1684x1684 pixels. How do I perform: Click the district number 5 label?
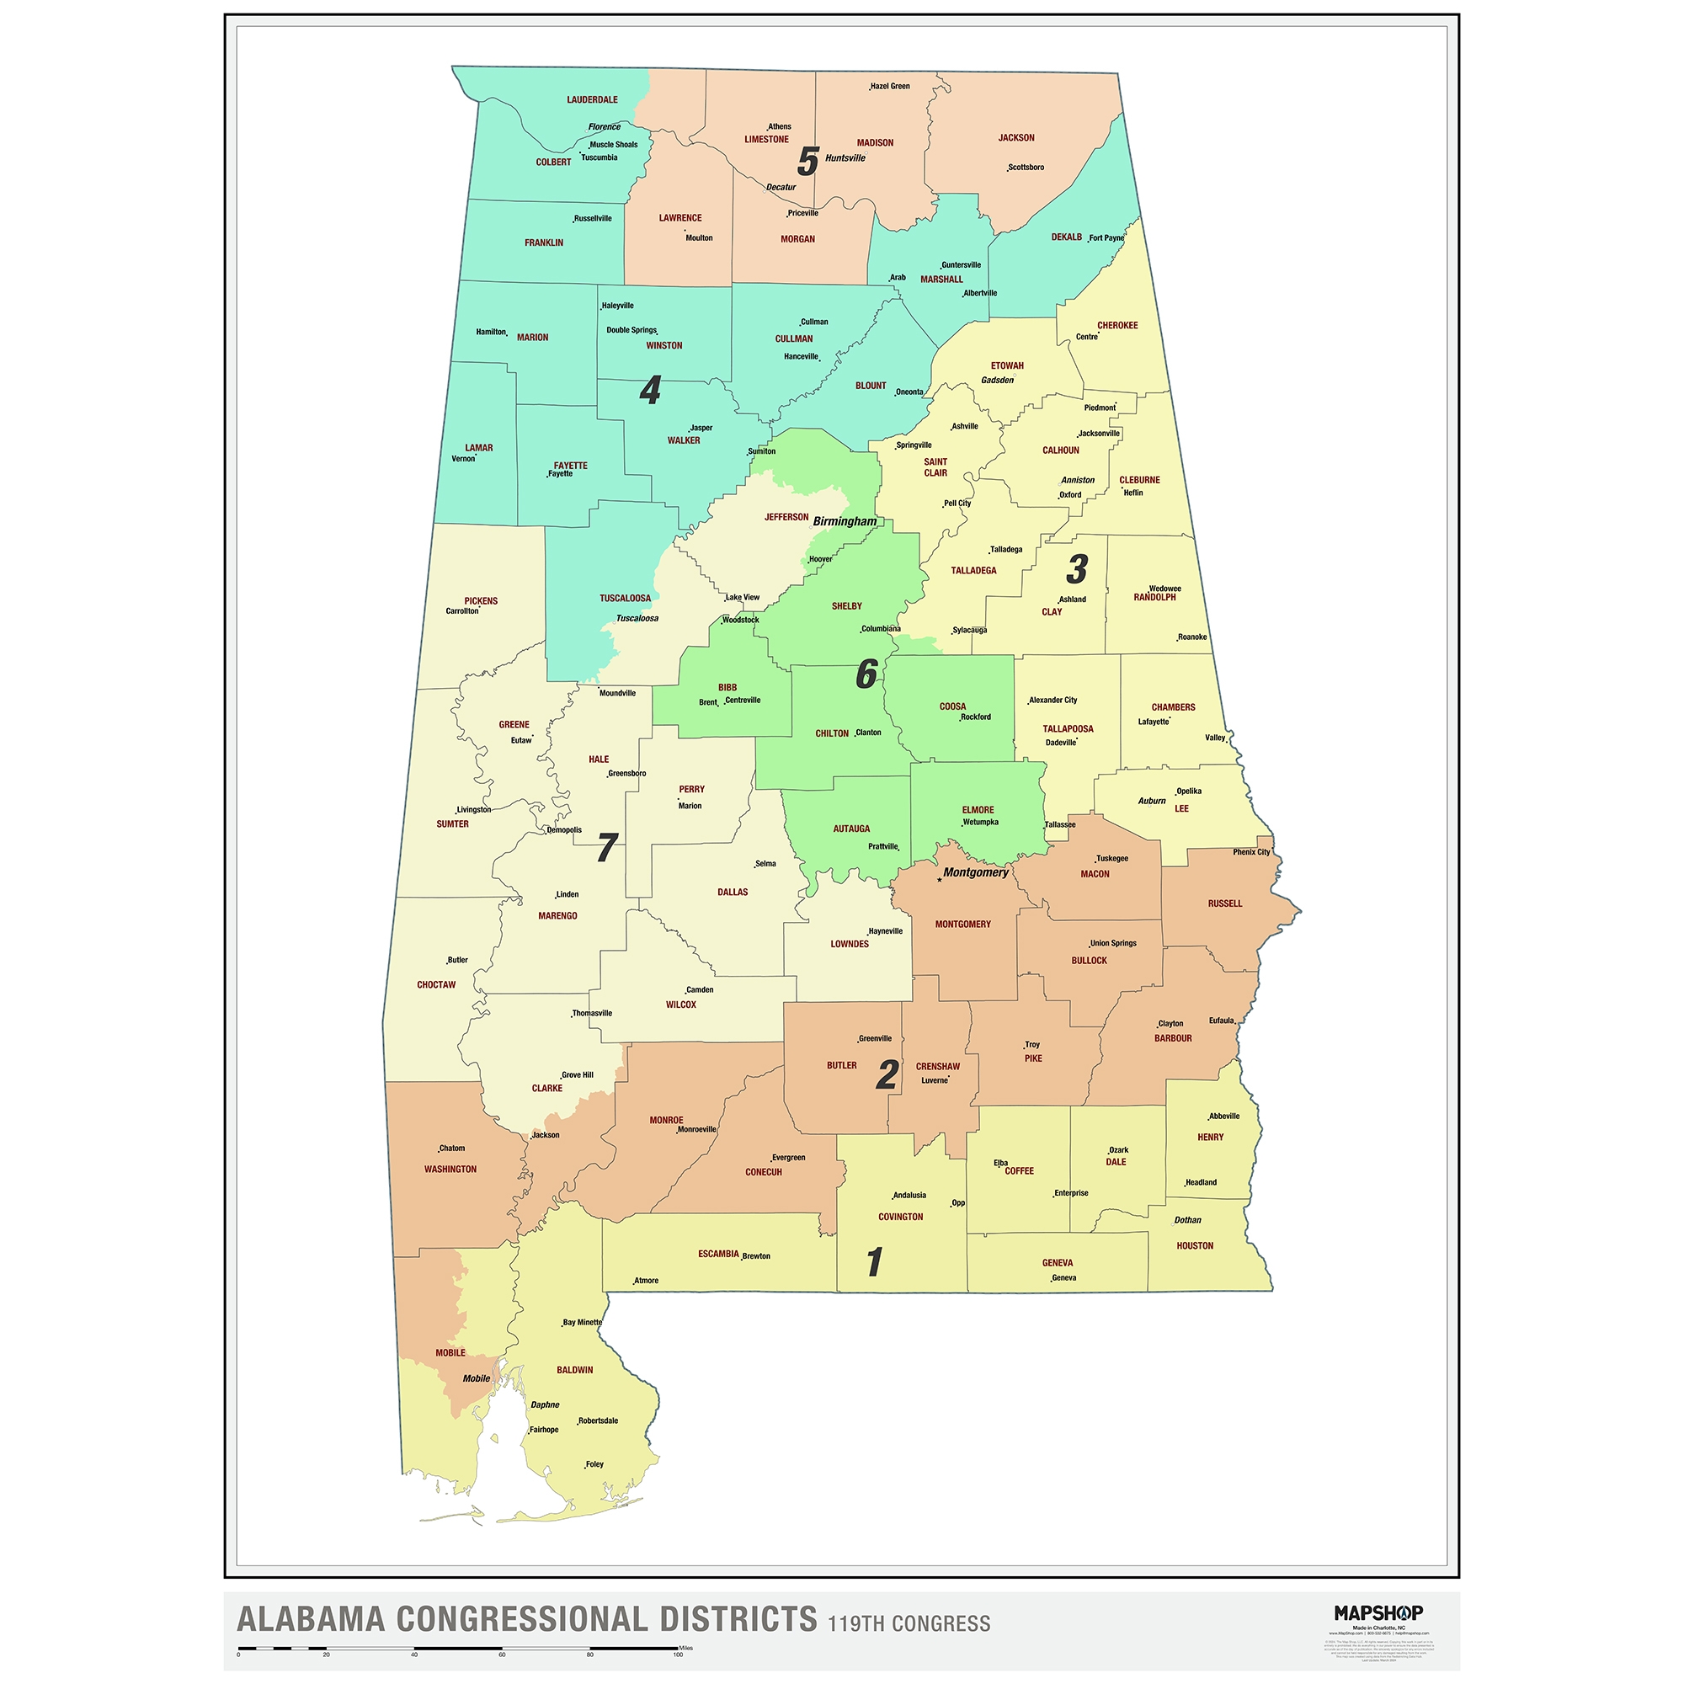coord(808,163)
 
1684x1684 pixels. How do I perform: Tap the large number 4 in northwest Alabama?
coord(649,391)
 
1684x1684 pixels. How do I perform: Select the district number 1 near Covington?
coord(874,1262)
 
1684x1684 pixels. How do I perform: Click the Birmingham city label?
coord(845,521)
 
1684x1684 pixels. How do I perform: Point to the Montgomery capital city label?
coord(975,872)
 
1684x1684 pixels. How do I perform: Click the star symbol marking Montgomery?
coord(939,881)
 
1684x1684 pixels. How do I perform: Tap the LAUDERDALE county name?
coord(592,99)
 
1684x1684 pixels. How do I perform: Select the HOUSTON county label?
coord(1194,1245)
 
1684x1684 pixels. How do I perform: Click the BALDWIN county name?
coord(574,1370)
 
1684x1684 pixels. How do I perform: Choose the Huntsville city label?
coord(845,157)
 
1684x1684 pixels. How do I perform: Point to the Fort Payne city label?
coord(1106,237)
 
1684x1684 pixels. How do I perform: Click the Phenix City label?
coord(1251,851)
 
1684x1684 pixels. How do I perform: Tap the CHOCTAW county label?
coord(436,985)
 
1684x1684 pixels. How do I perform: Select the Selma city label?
coord(765,864)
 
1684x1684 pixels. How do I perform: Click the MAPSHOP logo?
coord(1378,1612)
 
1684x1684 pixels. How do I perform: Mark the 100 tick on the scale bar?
coord(678,1654)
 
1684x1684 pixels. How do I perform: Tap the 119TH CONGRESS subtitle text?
coord(909,1624)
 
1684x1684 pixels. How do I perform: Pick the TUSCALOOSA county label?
coord(624,598)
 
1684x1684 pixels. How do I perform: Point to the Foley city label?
coord(594,1464)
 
